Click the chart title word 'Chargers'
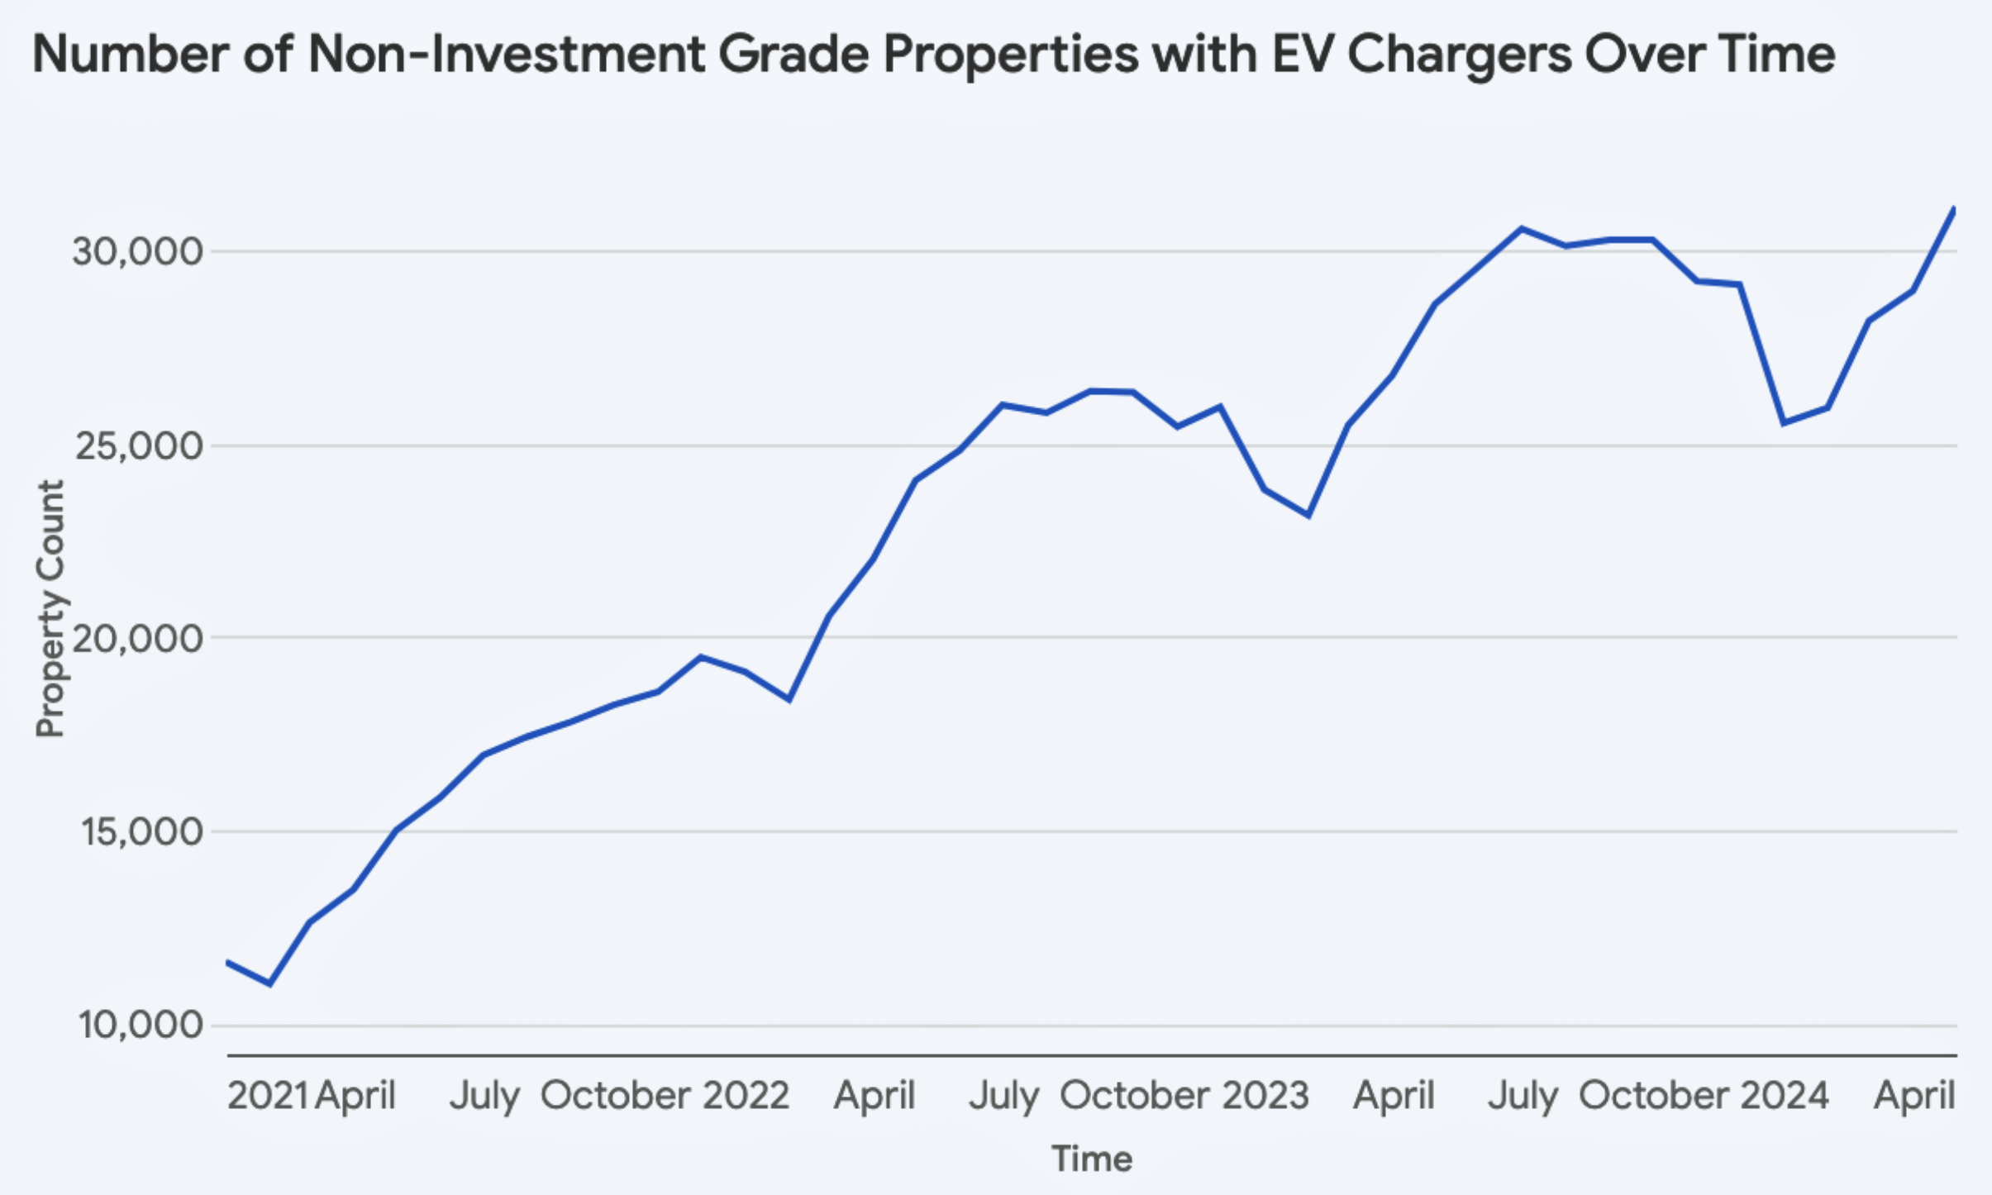click(1460, 55)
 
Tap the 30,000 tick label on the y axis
click(137, 251)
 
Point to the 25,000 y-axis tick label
click(137, 446)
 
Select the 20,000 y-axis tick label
click(137, 638)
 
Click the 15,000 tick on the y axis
click(141, 831)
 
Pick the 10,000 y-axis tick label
click(141, 1025)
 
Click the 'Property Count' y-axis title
click(50, 608)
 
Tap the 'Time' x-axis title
click(1091, 1159)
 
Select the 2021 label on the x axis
click(267, 1096)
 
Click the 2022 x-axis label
click(746, 1096)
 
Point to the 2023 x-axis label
click(1265, 1096)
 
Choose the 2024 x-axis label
click(1785, 1096)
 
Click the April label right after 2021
click(355, 1096)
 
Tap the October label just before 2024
click(1654, 1096)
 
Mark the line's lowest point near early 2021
click(269, 983)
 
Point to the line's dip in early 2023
click(1308, 516)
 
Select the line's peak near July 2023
click(1521, 228)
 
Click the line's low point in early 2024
click(1784, 423)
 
